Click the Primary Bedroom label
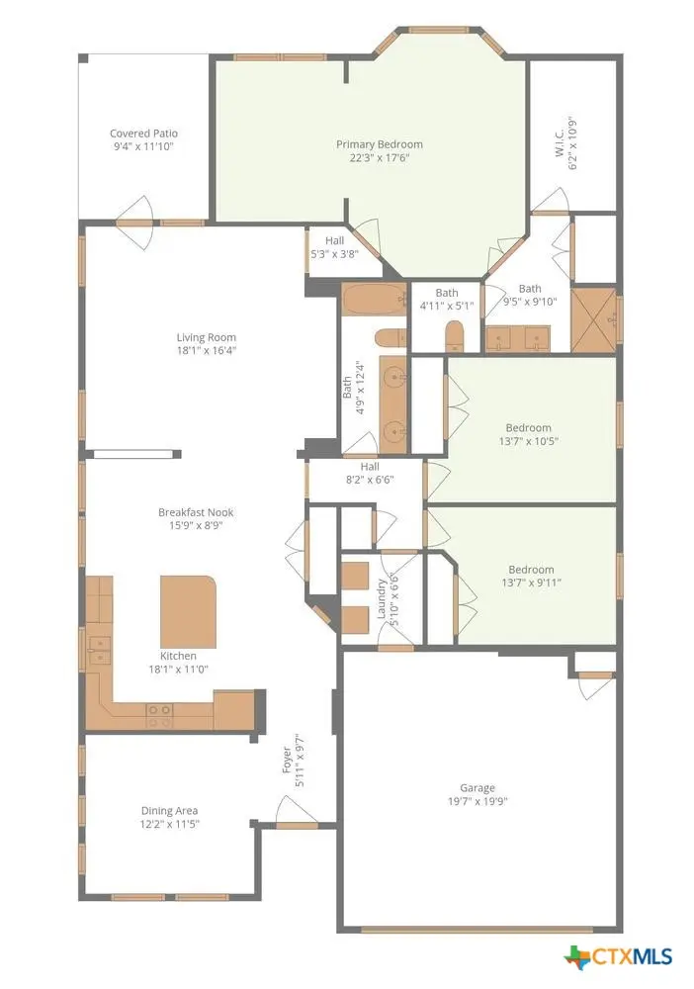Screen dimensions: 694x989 pyautogui.click(x=379, y=144)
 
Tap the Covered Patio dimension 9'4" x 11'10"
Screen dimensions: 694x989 pyautogui.click(x=143, y=147)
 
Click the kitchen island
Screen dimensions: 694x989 pyautogui.click(x=189, y=611)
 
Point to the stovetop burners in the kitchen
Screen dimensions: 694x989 pyautogui.click(x=159, y=715)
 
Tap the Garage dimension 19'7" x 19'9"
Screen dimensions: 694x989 pyautogui.click(x=477, y=802)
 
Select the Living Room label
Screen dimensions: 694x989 pyautogui.click(x=206, y=337)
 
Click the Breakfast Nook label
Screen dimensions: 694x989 pyautogui.click(x=196, y=512)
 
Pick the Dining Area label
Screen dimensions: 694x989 pyautogui.click(x=169, y=811)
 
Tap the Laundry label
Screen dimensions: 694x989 pyautogui.click(x=381, y=598)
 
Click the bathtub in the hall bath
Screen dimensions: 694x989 pyautogui.click(x=375, y=299)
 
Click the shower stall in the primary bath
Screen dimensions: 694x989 pyautogui.click(x=594, y=320)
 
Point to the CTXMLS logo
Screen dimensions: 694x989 pyautogui.click(x=618, y=956)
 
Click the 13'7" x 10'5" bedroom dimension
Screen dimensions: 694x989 pyautogui.click(x=528, y=441)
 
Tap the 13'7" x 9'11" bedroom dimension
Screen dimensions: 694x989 pyautogui.click(x=531, y=583)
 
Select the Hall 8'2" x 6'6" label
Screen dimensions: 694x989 pyautogui.click(x=370, y=473)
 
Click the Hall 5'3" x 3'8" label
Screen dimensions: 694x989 pyautogui.click(x=335, y=247)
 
